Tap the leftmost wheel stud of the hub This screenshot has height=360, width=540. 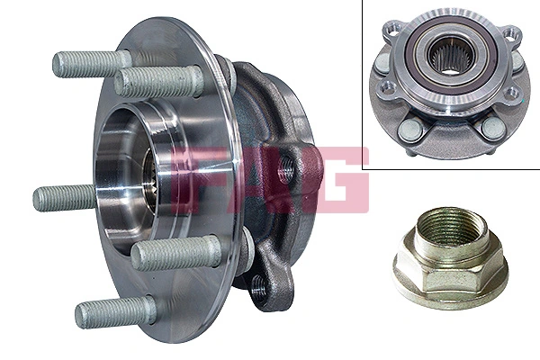63,196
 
